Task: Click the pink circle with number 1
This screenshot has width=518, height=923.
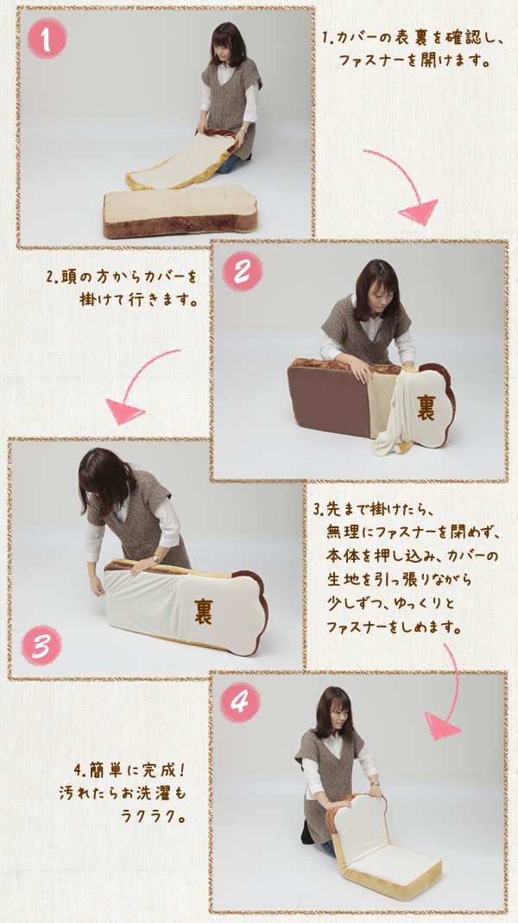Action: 47,38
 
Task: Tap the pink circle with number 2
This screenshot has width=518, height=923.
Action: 243,271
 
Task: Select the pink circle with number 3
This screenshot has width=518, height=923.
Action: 41,646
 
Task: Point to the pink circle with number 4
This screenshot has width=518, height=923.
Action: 240,702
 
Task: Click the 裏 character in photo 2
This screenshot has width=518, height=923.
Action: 426,408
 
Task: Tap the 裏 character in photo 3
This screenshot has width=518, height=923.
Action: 204,611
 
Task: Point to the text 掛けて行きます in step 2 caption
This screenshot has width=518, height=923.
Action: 137,300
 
